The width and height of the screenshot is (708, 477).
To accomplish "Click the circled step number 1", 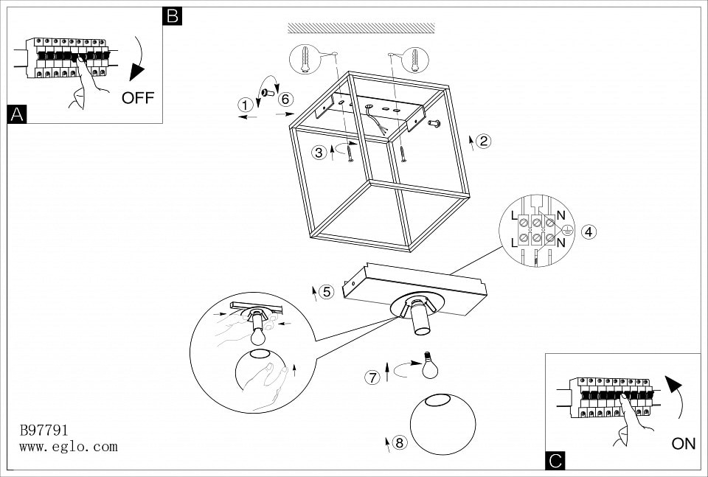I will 245,105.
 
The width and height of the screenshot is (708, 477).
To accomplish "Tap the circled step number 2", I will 484,141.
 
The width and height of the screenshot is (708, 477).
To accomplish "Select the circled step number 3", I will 319,153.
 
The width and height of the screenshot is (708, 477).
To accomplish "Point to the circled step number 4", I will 588,231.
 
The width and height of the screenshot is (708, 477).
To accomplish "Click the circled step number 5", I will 327,291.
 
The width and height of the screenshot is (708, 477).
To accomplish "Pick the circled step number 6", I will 286,100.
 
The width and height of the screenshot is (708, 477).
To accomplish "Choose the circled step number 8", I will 399,442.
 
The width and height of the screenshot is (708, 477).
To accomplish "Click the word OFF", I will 138,98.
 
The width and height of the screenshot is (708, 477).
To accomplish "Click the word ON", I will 684,444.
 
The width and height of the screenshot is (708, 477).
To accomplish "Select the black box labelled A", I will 16,114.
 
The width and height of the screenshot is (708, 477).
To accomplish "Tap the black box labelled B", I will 172,15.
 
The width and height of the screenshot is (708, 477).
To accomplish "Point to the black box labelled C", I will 555,461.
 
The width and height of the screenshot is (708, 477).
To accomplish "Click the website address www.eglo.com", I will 68,447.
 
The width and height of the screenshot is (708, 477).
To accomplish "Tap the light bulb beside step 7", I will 429,367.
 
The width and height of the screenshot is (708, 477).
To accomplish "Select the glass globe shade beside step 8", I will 443,424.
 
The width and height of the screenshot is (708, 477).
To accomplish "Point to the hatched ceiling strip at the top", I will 361,28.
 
